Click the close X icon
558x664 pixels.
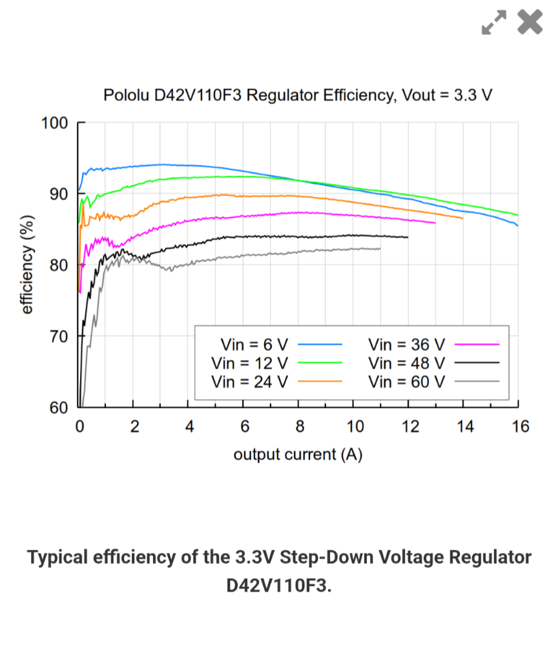530,22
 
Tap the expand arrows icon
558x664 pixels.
494,23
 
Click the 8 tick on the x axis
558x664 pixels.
299,427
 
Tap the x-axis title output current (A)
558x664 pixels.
298,454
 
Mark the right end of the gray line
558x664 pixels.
380,248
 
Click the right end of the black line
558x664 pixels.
408,237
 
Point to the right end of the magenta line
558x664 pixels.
435,223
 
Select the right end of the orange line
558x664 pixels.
463,218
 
